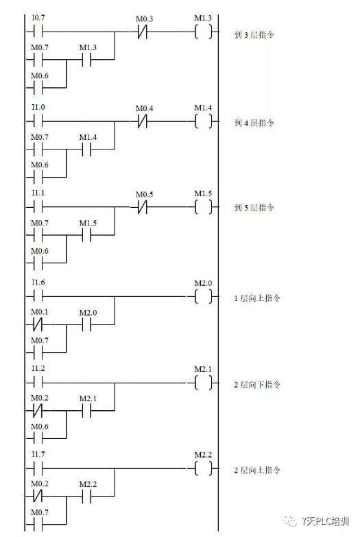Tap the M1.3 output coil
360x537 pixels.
pyautogui.click(x=203, y=32)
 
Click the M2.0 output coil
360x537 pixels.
pyautogui.click(x=203, y=296)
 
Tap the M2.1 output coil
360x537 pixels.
pyautogui.click(x=203, y=383)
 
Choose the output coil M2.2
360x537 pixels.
pyautogui.click(x=203, y=469)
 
